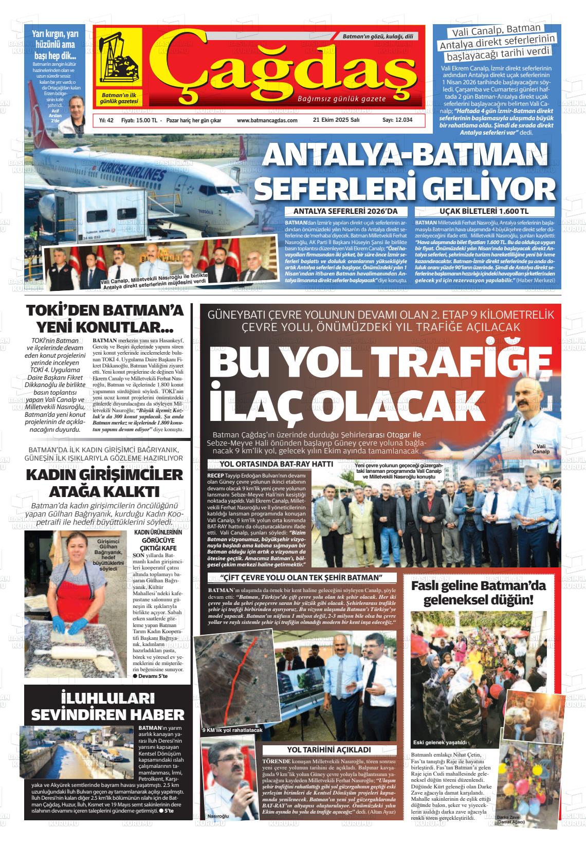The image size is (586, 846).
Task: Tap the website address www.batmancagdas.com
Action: click(x=267, y=120)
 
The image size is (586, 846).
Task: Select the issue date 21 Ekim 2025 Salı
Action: click(x=336, y=120)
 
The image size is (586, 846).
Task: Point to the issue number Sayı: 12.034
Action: click(x=397, y=120)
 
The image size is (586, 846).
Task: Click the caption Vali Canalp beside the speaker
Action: click(x=541, y=449)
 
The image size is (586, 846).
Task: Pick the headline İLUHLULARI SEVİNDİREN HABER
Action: click(x=107, y=706)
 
